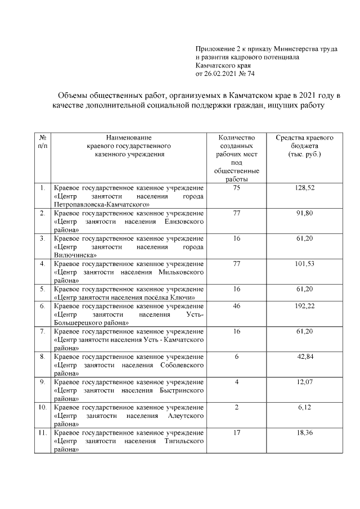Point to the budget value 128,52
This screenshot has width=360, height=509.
(304, 187)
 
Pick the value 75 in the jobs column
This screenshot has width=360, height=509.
(236, 187)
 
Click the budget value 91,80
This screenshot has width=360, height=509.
(304, 213)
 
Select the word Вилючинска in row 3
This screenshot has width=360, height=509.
(75, 255)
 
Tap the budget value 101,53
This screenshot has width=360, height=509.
(304, 263)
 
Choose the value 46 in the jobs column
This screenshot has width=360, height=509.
(236, 305)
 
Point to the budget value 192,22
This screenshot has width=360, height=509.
(304, 305)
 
